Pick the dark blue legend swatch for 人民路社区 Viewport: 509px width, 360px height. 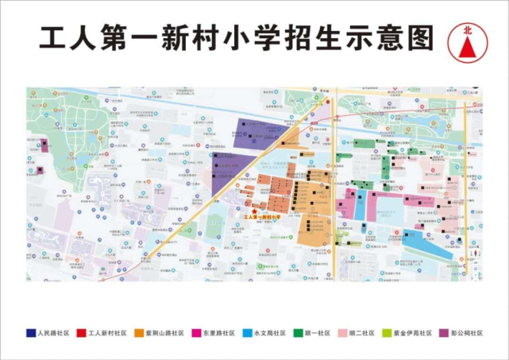point(30,333)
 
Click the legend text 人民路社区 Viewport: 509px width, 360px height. point(54,333)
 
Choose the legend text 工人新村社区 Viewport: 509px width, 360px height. point(109,333)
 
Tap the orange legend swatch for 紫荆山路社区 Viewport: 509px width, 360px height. point(140,333)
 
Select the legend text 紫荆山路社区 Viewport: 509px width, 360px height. point(166,333)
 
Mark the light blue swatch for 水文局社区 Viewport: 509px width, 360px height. point(248,333)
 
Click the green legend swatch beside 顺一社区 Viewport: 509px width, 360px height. point(300,333)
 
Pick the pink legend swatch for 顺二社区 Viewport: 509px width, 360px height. point(343,333)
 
